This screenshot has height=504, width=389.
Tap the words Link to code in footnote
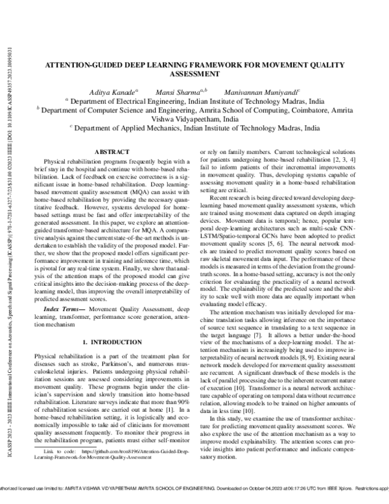(56, 486)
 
